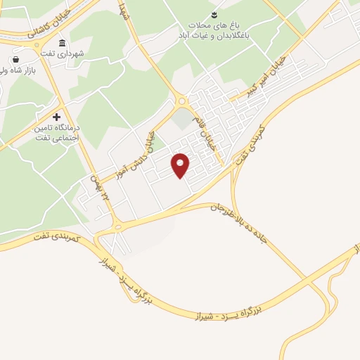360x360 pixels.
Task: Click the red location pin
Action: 181,165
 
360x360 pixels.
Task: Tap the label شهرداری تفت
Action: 82,53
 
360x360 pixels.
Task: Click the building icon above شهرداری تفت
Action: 63,43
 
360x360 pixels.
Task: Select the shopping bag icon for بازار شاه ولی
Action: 16,60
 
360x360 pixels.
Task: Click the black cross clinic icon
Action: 57,116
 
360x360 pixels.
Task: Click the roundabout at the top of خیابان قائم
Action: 182,101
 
